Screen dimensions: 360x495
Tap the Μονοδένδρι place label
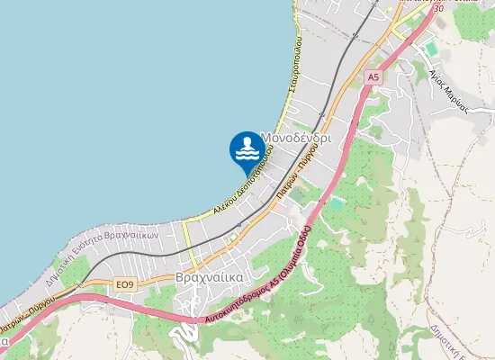pos(296,139)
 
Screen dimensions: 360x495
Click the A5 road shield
pos(373,79)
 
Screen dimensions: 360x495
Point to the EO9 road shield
pos(124,284)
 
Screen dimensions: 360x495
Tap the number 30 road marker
pos(437,8)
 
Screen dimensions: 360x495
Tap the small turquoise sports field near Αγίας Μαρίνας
pos(430,46)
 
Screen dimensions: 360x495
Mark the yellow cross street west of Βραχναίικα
pos(187,236)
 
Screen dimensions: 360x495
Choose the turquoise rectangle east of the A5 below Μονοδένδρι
pos(336,204)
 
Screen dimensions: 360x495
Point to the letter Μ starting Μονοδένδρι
pos(266,139)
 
